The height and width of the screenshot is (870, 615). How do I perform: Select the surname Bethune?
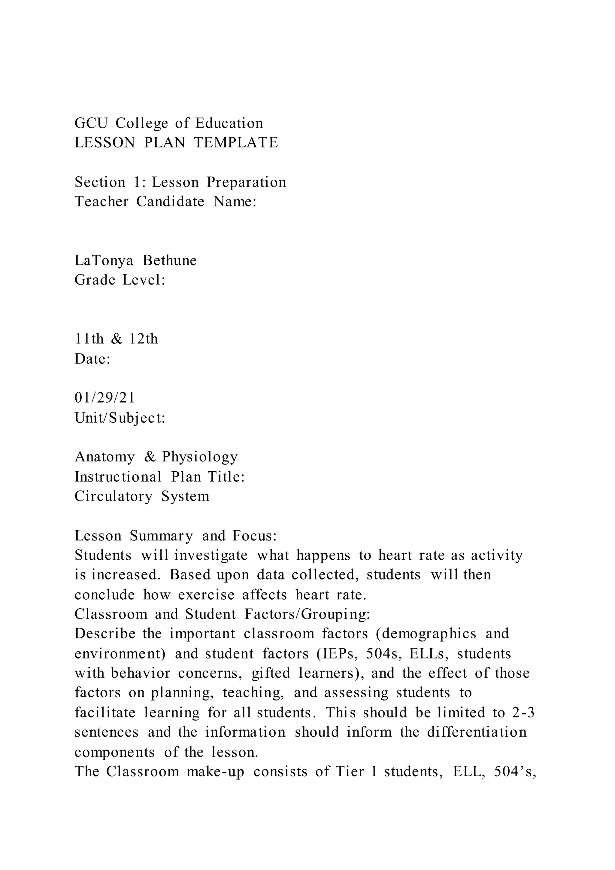170,261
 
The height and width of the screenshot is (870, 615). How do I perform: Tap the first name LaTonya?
104,261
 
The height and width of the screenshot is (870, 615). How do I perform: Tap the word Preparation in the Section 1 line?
246,182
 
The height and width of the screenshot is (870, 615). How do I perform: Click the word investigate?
211,555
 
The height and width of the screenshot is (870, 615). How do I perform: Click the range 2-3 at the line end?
523,713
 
